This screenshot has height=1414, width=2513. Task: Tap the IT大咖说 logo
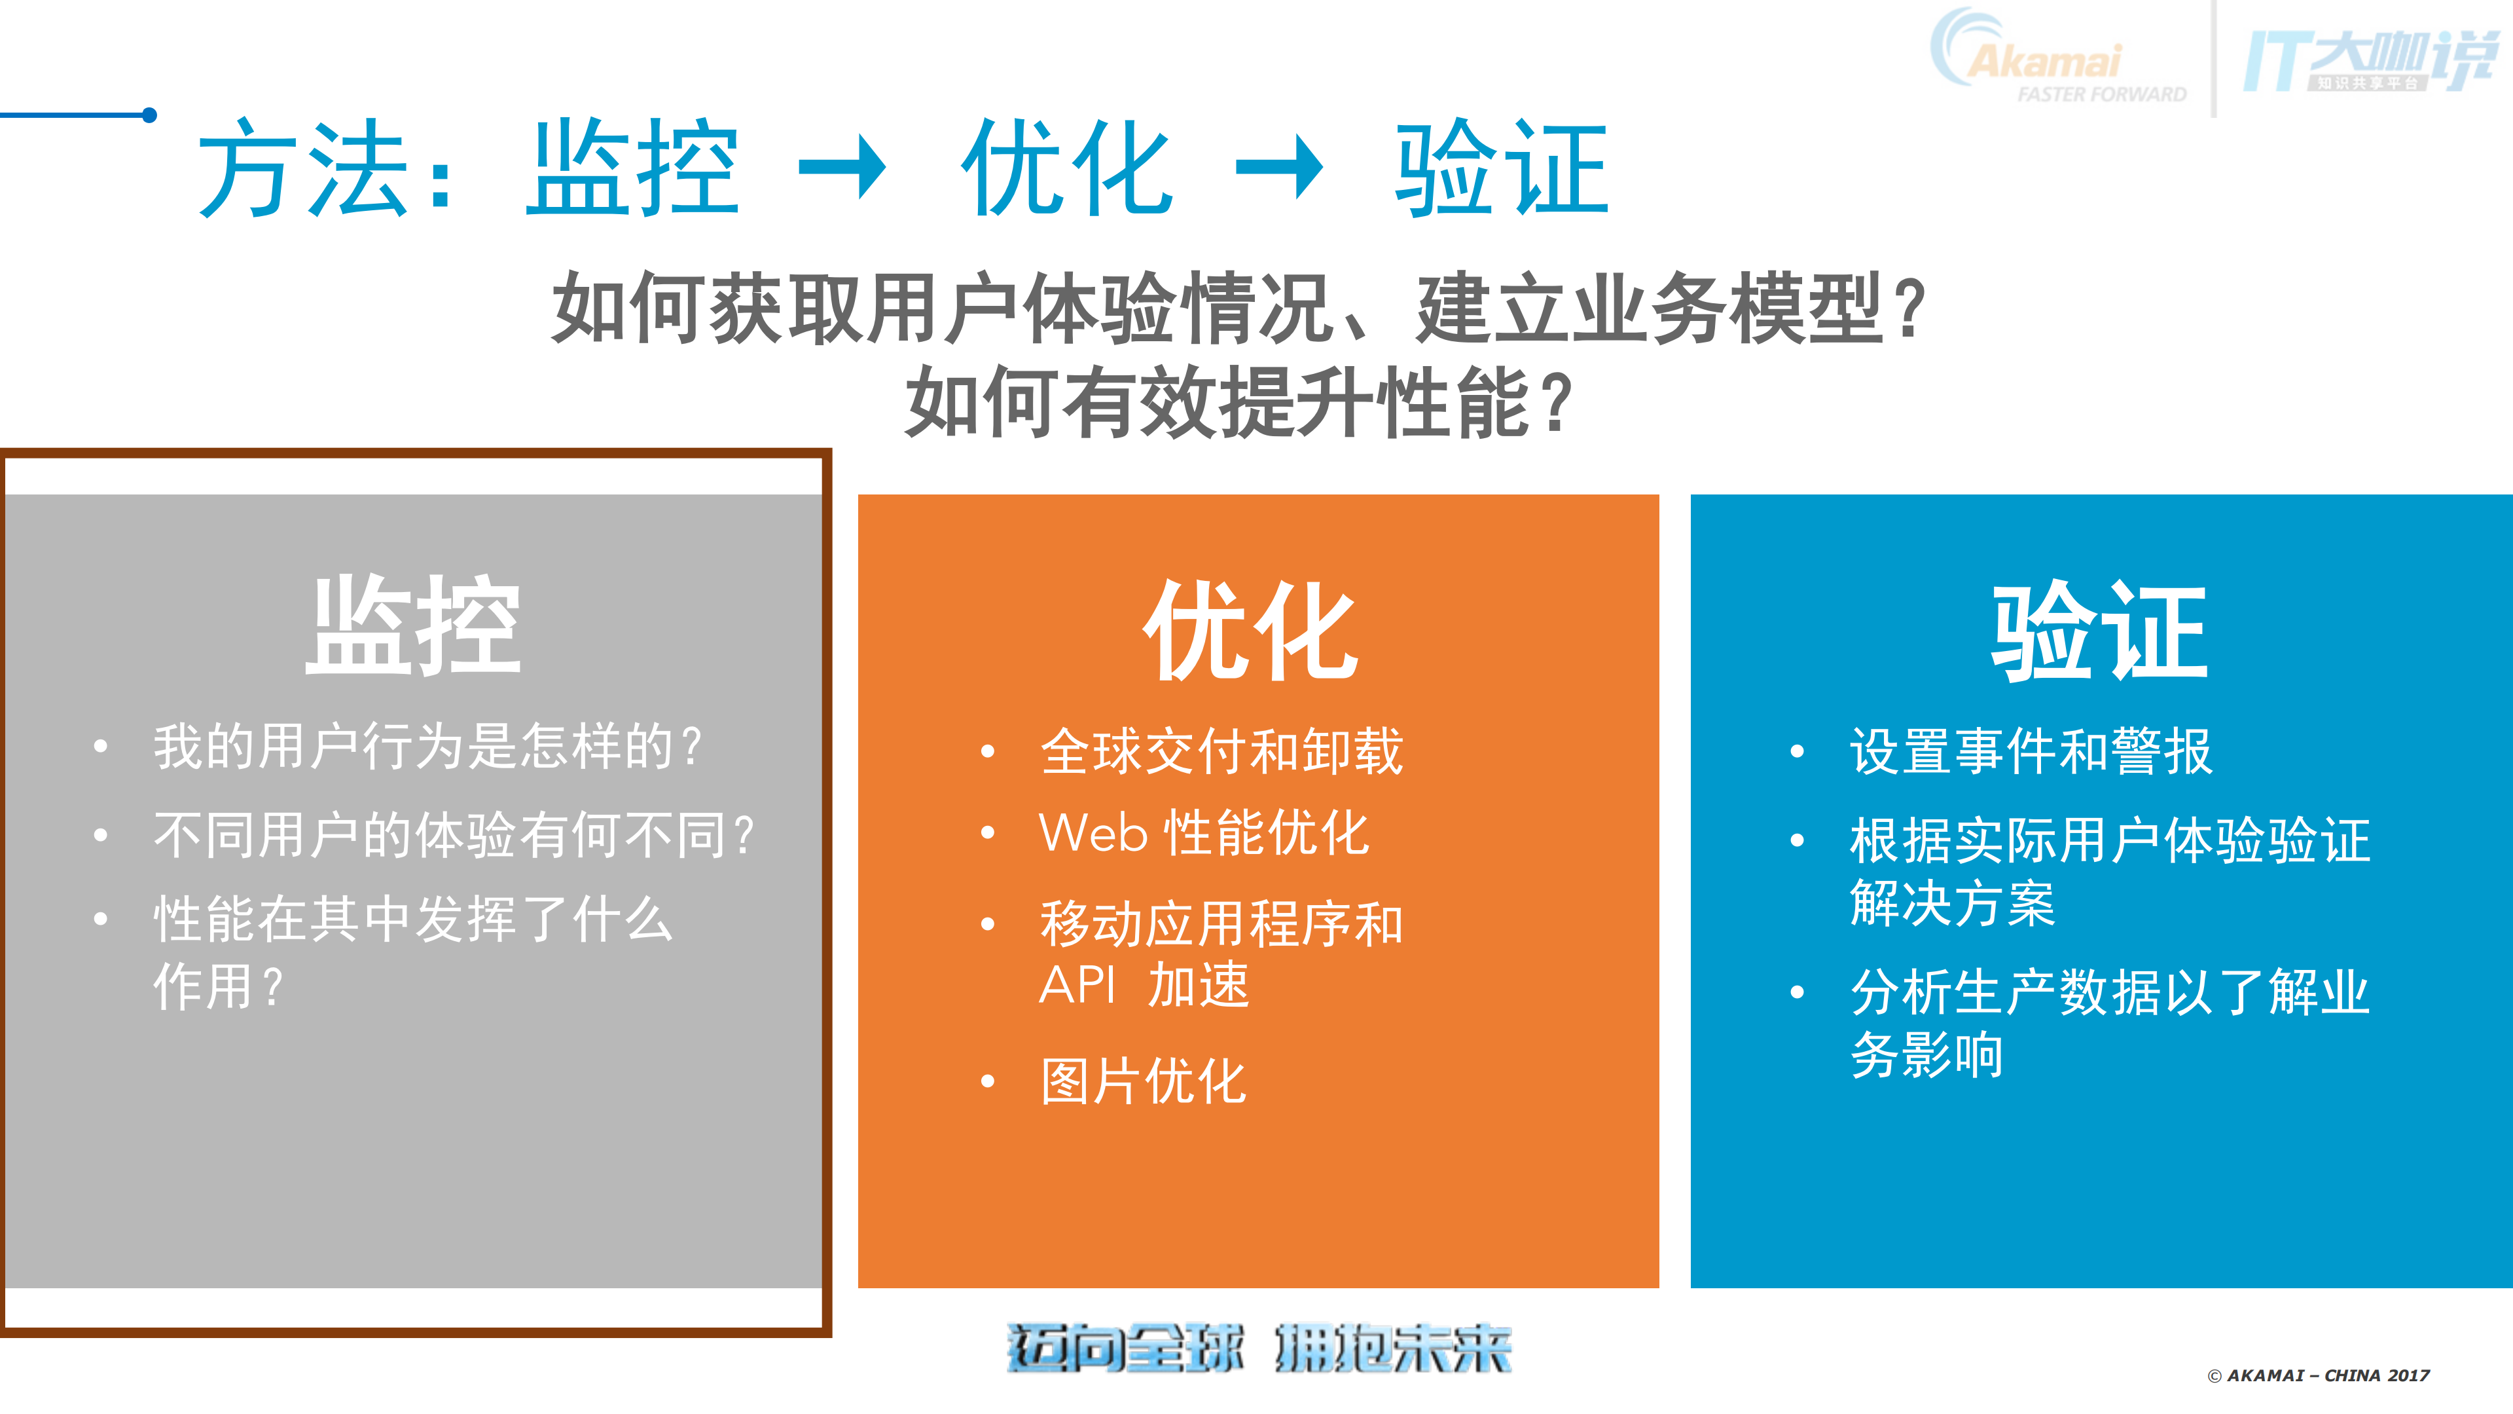coord(2370,60)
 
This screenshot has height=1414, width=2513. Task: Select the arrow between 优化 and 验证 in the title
coord(1279,168)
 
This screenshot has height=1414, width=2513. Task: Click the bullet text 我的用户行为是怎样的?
coord(427,747)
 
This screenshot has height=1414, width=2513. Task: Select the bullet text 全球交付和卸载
coord(1221,751)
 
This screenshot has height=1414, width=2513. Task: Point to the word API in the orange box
coord(1077,984)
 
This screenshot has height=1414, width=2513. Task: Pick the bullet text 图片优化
coord(1144,1081)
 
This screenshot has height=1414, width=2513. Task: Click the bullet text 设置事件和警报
coord(2031,751)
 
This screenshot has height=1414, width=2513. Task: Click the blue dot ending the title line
coord(149,115)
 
